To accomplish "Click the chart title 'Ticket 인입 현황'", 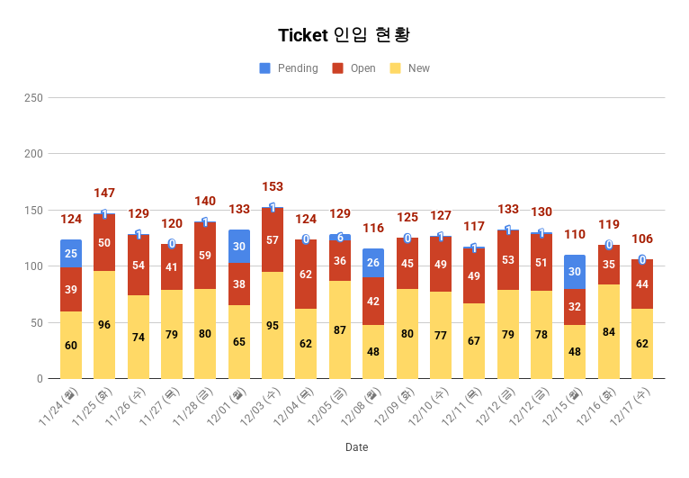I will [344, 35].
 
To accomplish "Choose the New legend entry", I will [411, 68].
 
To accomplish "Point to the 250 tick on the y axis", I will [33, 97].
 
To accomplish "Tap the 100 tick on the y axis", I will [33, 266].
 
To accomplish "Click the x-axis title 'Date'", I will [356, 447].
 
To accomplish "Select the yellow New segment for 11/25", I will [104, 324].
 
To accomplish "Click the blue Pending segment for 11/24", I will [71, 254].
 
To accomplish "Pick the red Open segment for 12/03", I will [273, 240].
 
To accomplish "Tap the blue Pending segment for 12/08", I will [373, 263].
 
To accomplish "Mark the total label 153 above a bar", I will [273, 186].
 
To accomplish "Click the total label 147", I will [104, 193].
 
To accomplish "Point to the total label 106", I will [642, 239].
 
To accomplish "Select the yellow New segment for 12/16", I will [609, 331].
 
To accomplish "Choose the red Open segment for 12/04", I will [306, 274].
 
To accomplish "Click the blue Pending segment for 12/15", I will [575, 272].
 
